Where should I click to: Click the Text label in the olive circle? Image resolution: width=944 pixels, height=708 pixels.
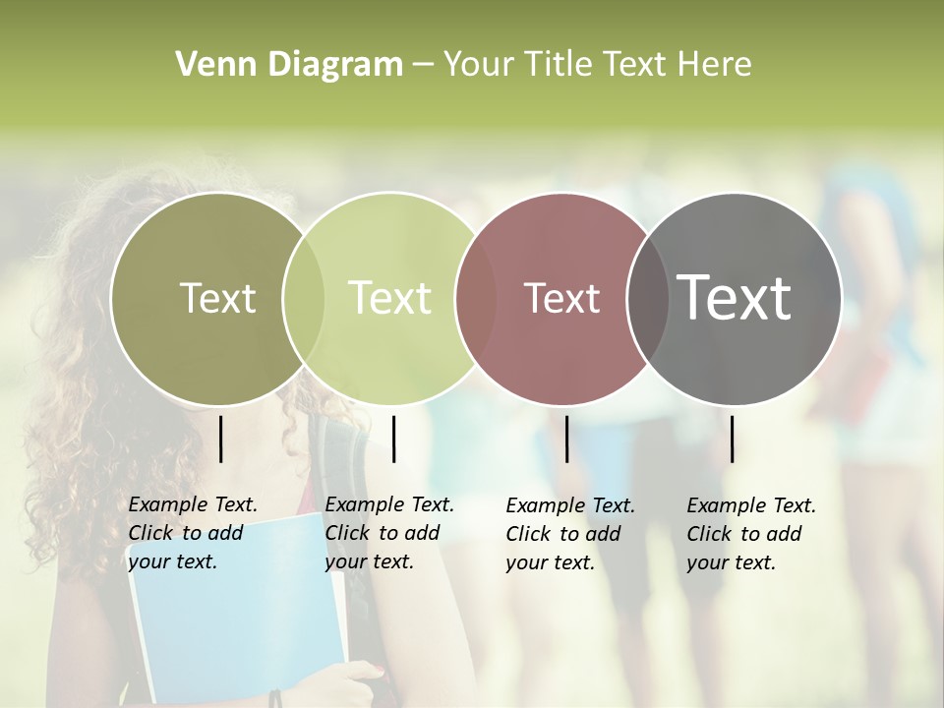(x=217, y=298)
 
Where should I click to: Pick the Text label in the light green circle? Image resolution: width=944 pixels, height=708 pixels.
(x=390, y=298)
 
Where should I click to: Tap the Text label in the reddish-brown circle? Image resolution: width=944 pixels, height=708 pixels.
(x=561, y=298)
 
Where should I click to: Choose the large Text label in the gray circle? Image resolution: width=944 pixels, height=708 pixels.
(x=735, y=298)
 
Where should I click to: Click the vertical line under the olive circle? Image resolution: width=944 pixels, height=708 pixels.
(x=220, y=439)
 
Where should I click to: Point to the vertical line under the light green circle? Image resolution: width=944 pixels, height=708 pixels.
(x=393, y=439)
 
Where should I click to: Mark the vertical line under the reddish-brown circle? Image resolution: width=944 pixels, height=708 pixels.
(x=566, y=439)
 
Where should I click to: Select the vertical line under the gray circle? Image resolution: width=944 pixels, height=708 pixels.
(x=732, y=439)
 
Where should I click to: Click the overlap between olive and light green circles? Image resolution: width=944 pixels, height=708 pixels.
(x=303, y=298)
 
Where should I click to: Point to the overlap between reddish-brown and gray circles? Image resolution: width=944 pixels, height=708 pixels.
(x=648, y=298)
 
